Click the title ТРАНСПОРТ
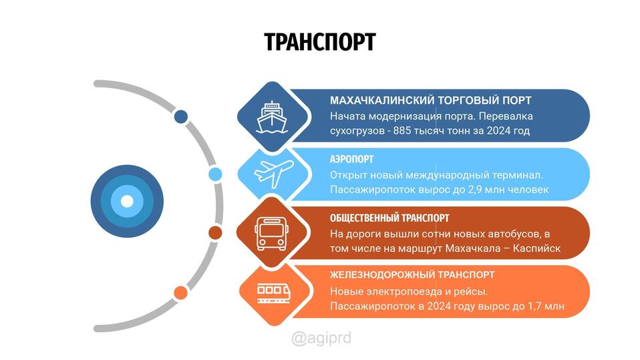pyautogui.click(x=319, y=41)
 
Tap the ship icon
pyautogui.click(x=272, y=117)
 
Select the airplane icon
pyautogui.click(x=273, y=174)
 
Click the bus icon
pyautogui.click(x=271, y=234)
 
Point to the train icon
pyautogui.click(x=273, y=293)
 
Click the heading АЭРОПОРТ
pyautogui.click(x=351, y=159)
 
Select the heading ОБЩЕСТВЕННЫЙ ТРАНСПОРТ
pyautogui.click(x=389, y=218)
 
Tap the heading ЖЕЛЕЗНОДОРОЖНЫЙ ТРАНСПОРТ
pyautogui.click(x=412, y=275)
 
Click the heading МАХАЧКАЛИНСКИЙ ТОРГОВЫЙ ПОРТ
pyautogui.click(x=431, y=100)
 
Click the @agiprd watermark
pyautogui.click(x=321, y=338)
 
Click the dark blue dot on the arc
pyautogui.click(x=181, y=117)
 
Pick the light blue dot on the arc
pyautogui.click(x=215, y=174)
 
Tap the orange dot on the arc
pyautogui.click(x=180, y=293)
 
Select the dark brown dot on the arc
pyautogui.click(x=215, y=232)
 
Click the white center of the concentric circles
pyautogui.click(x=127, y=201)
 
